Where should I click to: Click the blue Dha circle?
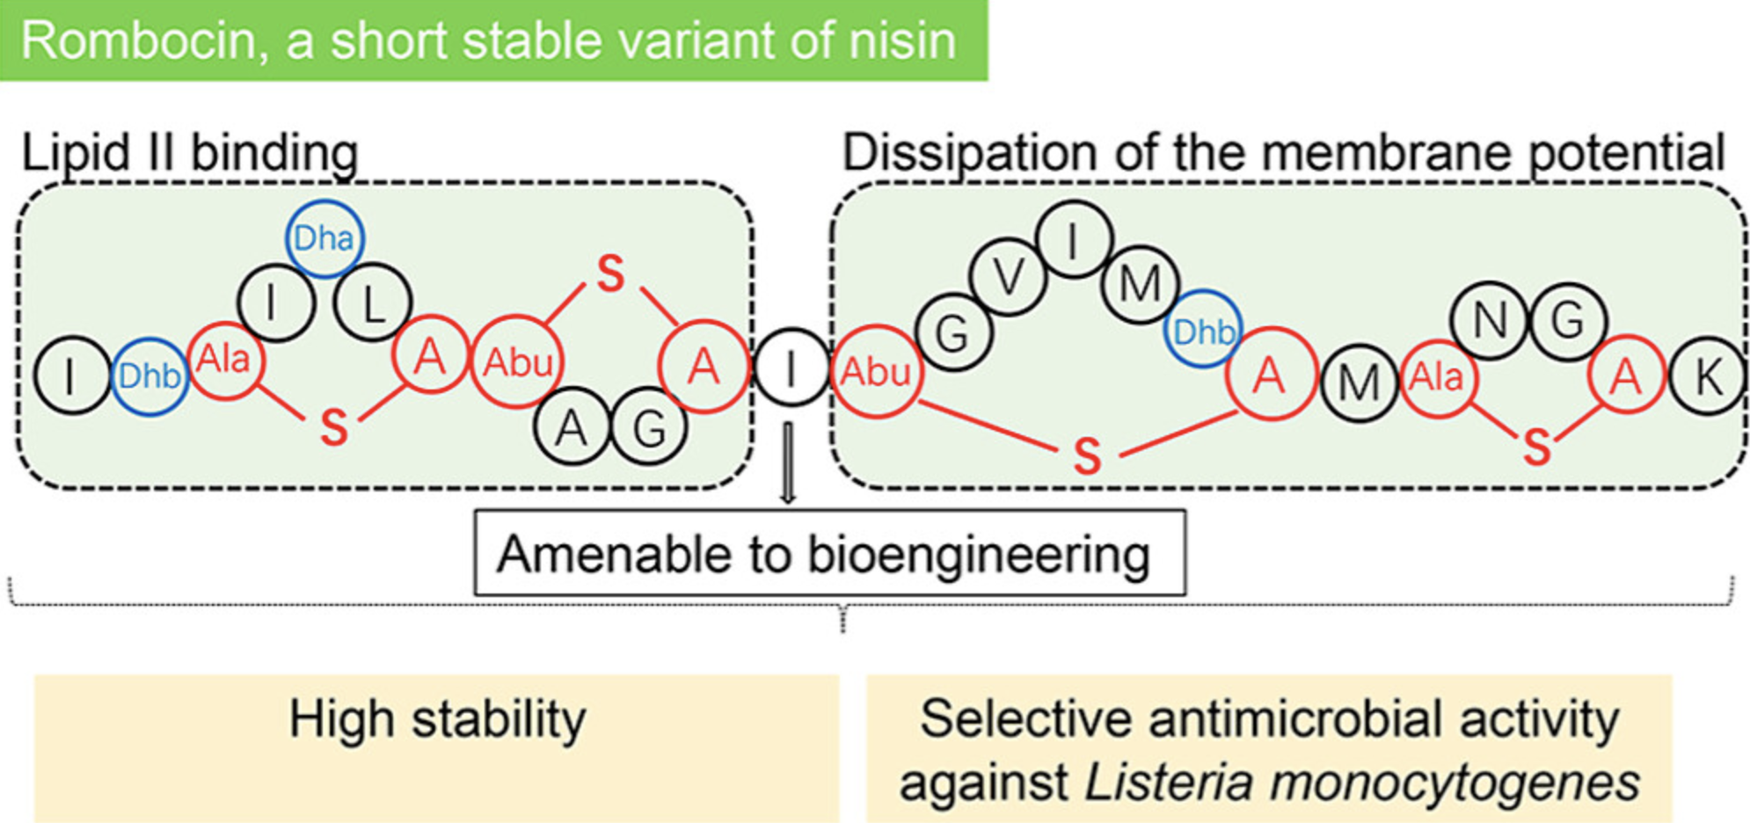324,238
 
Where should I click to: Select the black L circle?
373,303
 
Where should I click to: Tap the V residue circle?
1009,279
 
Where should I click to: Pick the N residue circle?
1490,321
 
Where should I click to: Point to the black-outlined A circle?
572,427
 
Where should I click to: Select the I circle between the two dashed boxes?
791,369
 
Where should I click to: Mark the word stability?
499,719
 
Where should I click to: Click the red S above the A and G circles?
610,273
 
